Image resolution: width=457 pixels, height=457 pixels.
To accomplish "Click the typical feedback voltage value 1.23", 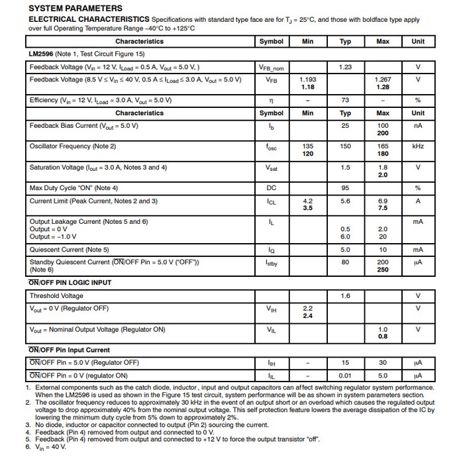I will (345, 67).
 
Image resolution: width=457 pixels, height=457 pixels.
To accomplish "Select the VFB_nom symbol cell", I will (271, 68).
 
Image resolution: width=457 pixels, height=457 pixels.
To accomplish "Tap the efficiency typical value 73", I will (345, 100).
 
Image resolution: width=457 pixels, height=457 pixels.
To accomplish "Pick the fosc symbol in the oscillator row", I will (271, 146).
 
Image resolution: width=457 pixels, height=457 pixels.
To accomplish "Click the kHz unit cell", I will (418, 146).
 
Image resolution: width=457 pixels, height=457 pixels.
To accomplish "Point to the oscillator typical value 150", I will (345, 146).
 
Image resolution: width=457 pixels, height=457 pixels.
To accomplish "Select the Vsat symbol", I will (271, 168).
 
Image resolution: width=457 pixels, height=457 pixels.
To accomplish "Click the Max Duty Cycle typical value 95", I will (345, 188).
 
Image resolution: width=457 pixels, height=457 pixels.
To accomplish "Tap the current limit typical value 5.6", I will (345, 201).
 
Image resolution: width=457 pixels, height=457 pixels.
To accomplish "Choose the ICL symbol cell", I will (271, 201).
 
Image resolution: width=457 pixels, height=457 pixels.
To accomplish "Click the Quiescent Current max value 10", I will (383, 250).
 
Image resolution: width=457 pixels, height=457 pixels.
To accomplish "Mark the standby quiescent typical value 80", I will (345, 262).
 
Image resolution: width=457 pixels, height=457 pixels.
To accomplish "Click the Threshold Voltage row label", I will (56, 296).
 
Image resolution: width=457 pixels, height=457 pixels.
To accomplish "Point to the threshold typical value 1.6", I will (345, 296).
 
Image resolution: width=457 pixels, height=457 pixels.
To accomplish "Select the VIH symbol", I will (271, 309).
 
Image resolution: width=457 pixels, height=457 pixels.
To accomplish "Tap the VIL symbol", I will (271, 330).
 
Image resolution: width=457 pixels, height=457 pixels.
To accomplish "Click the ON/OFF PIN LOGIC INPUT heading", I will (70, 283).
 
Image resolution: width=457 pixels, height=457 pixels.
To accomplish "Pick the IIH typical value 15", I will (345, 362).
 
